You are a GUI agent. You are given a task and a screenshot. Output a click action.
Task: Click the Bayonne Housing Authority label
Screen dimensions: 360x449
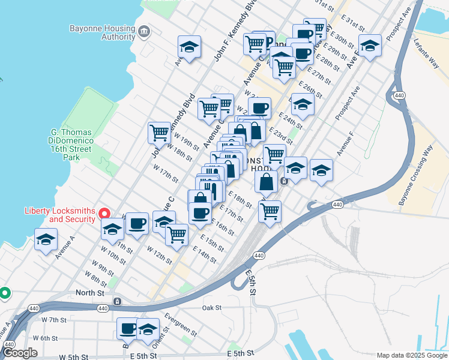(102, 32)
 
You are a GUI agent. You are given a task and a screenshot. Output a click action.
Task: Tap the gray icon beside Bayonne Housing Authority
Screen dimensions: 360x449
(143, 31)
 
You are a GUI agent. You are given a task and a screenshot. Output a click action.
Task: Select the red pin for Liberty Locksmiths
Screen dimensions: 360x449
(104, 213)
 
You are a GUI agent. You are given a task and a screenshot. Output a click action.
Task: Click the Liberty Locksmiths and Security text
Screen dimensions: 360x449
(59, 215)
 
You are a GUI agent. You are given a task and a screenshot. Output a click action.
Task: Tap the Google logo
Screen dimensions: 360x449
(20, 353)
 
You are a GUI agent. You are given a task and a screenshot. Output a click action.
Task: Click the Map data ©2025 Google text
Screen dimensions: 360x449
(411, 355)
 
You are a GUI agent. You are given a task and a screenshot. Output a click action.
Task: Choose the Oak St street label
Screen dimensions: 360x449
(212, 308)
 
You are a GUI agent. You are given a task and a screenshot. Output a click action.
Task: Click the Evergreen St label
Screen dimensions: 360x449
(181, 324)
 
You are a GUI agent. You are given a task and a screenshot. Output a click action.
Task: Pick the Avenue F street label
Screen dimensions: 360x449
(345, 148)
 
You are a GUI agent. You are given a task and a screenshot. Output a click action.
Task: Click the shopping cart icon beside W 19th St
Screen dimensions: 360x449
(159, 131)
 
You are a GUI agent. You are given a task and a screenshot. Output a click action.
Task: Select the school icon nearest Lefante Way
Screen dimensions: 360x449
(370, 45)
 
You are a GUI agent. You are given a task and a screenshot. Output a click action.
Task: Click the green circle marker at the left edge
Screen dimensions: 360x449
(5, 293)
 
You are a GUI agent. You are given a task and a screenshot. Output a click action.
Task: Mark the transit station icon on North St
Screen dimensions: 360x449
(118, 301)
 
